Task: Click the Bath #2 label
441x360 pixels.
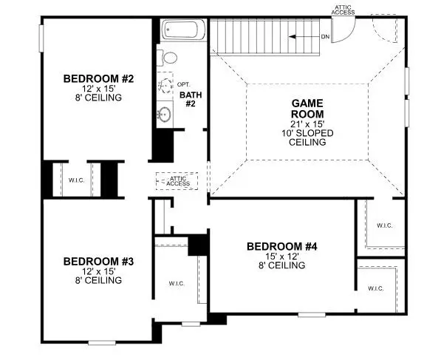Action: [x=188, y=99]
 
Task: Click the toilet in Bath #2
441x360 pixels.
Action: [x=168, y=57]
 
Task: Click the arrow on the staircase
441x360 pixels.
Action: [x=301, y=36]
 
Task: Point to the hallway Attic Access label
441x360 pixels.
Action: [x=180, y=180]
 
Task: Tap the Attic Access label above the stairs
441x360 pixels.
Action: [x=342, y=10]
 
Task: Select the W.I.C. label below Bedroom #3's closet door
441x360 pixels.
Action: [x=176, y=283]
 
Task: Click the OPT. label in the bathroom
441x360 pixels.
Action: [x=183, y=85]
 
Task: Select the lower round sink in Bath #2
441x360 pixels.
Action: [x=165, y=115]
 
